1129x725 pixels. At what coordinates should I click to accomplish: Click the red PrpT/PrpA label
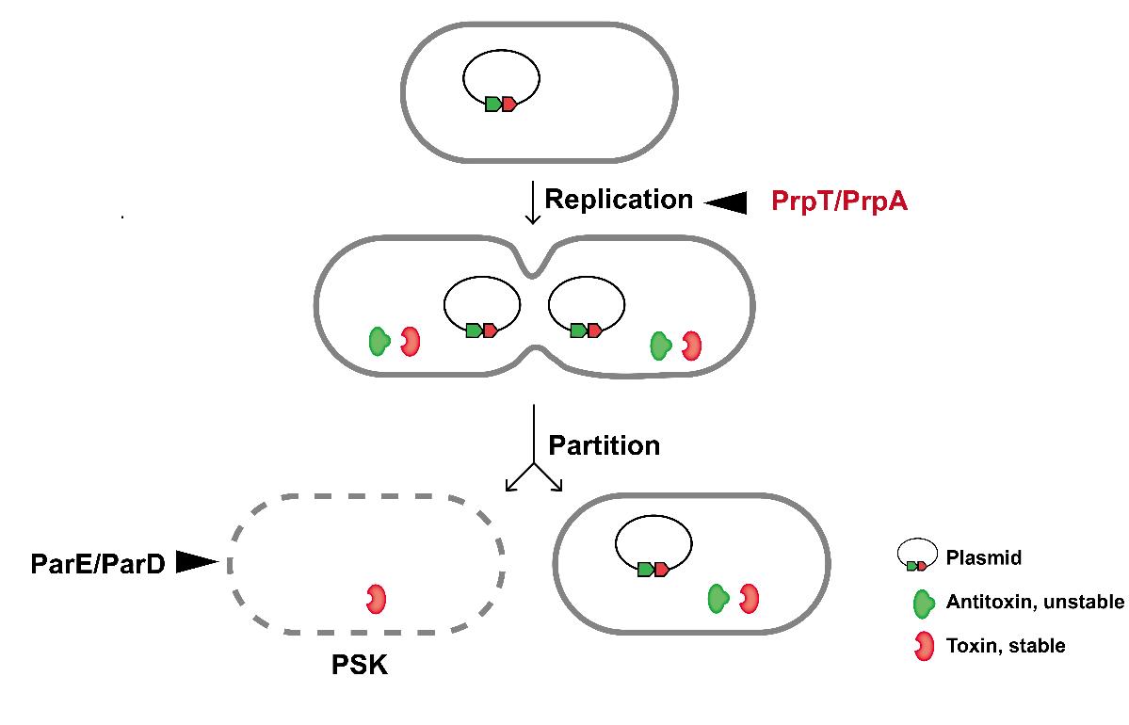tap(839, 201)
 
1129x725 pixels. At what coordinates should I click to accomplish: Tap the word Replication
tap(619, 200)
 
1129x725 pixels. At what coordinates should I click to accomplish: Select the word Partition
tap(604, 444)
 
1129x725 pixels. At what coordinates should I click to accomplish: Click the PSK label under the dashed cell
tap(360, 667)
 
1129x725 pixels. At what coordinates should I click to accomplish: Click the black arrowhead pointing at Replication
tap(726, 201)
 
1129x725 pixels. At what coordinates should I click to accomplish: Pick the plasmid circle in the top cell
tap(500, 80)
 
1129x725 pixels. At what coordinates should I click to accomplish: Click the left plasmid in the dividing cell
tap(482, 307)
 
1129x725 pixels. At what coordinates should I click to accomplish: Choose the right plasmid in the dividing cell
tap(587, 307)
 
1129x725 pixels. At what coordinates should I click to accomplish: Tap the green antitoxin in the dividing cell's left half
tap(379, 341)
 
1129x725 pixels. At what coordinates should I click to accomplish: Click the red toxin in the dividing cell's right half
tap(692, 346)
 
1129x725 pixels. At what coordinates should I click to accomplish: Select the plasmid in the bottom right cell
tap(653, 545)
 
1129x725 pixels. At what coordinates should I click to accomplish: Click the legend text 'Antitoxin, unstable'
tap(1035, 603)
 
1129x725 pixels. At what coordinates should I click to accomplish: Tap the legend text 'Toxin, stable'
tap(1006, 646)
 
